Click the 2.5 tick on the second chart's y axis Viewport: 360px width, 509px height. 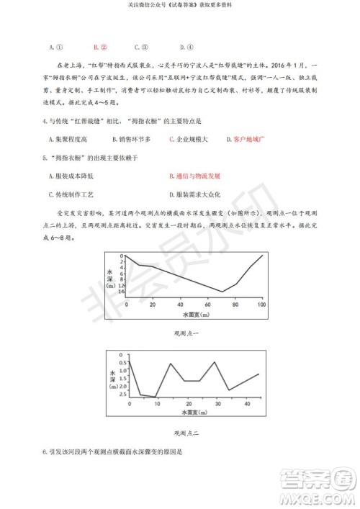(x=122, y=395)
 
